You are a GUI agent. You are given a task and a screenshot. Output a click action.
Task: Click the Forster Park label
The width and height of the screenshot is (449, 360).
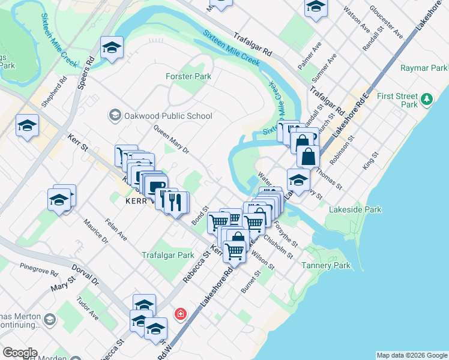point(188,76)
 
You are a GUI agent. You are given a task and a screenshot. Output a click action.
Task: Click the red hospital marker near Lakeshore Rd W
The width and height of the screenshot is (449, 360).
point(179,314)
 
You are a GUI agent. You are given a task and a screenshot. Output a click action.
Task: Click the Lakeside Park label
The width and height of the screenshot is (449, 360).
point(355,210)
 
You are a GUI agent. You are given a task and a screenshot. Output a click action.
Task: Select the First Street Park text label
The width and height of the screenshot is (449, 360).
point(397,100)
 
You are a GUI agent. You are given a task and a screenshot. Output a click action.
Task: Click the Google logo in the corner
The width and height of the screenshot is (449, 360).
point(20,353)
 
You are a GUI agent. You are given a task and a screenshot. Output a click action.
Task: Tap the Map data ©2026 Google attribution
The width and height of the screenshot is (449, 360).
point(412,355)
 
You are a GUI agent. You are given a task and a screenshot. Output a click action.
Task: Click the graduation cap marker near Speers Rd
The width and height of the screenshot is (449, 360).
point(112,48)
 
